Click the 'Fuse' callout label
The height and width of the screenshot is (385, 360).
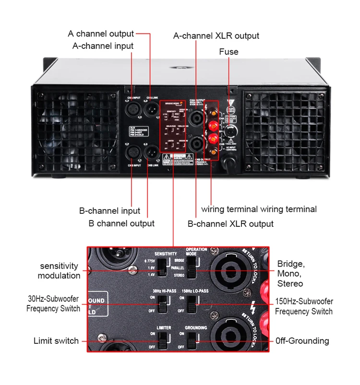pos(228,51)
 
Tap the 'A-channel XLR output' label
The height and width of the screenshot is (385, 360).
pos(216,36)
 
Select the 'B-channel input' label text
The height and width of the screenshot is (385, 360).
pos(109,211)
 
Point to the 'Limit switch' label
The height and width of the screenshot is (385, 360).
pos(56,341)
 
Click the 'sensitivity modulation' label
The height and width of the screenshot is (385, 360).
pos(59,271)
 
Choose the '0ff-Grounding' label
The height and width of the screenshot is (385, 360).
pos(302,341)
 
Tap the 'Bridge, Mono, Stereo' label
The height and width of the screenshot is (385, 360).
pos(291,274)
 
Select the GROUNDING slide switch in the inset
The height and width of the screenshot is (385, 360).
pos(192,340)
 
